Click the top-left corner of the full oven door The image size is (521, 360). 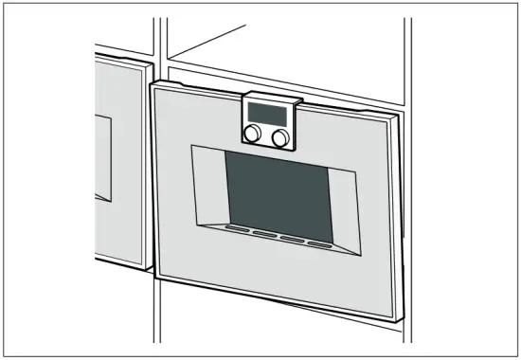click(151, 83)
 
